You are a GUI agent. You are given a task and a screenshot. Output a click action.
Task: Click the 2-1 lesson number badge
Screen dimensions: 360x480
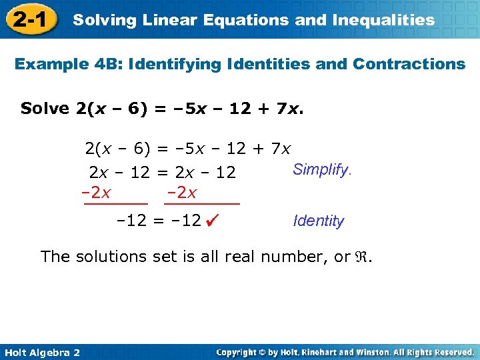(x=28, y=19)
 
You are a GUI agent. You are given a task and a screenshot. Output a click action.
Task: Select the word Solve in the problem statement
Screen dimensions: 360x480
(x=45, y=108)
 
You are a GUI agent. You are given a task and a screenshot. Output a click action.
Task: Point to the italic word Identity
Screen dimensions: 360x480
(x=319, y=221)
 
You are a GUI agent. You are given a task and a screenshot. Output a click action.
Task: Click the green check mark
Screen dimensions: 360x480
(x=213, y=219)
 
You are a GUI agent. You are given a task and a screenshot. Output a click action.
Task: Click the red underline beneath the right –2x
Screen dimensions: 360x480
(x=202, y=203)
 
